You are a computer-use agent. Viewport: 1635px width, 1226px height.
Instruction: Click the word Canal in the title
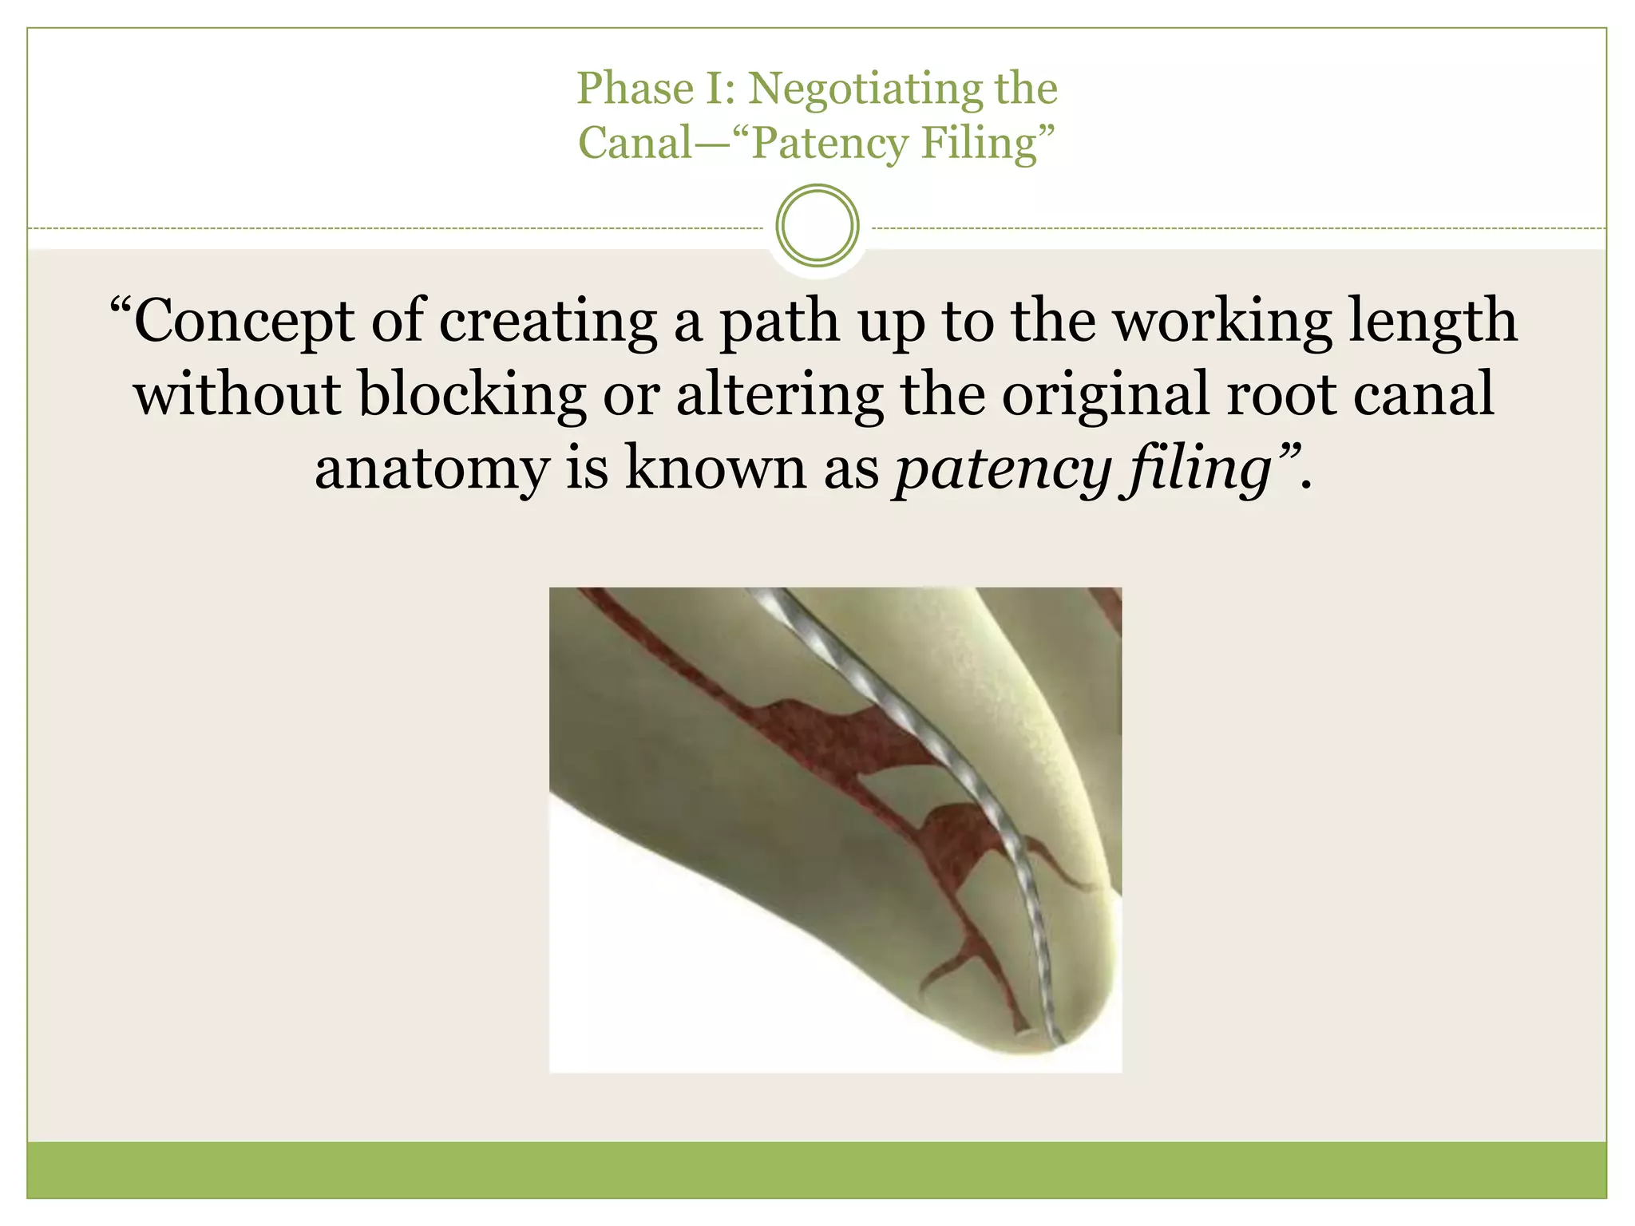click(x=635, y=144)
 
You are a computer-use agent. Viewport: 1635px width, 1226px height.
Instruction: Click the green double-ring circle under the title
click(x=817, y=226)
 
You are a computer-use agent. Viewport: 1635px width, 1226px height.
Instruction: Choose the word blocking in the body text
click(x=472, y=394)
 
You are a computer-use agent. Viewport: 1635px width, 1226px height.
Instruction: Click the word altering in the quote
click(x=779, y=394)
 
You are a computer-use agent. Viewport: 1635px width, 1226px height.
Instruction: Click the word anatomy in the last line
click(x=432, y=468)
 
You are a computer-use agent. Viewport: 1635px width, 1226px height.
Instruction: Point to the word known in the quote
click(x=715, y=468)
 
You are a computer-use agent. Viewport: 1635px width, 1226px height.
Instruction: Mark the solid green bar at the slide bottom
click(x=817, y=1170)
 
